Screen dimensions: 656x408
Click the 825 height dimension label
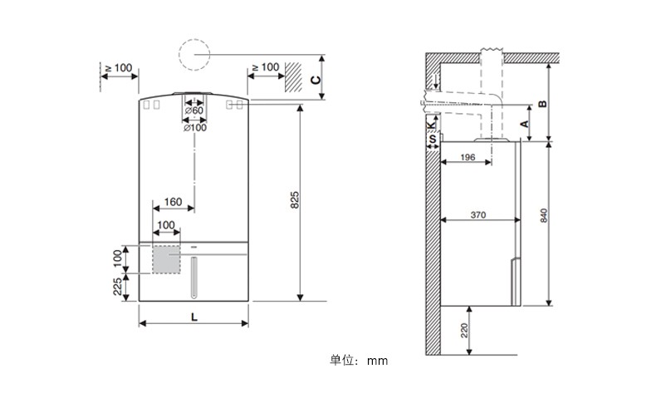[x=295, y=200]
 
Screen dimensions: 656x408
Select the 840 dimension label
[x=543, y=215]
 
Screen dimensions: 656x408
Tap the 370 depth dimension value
[x=478, y=215]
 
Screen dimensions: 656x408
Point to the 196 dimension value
[x=468, y=157]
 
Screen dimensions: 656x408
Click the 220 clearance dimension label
[x=464, y=331]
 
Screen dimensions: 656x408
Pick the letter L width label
[x=194, y=317]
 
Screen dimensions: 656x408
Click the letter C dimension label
[x=316, y=80]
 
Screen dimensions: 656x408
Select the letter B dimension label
[x=542, y=103]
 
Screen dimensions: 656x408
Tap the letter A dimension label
[x=524, y=124]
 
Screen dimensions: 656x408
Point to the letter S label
[x=433, y=139]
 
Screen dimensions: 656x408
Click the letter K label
[x=431, y=125]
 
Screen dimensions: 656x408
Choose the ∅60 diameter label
[x=194, y=111]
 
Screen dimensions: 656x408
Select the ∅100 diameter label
[x=195, y=127]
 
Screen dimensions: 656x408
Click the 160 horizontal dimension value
[x=174, y=202]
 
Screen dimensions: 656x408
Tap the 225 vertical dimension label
[x=118, y=287]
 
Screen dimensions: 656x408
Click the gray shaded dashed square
[x=166, y=259]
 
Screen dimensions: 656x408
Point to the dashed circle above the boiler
[x=194, y=39]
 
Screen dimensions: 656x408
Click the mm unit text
[x=377, y=361]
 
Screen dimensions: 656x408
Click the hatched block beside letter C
[x=294, y=77]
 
